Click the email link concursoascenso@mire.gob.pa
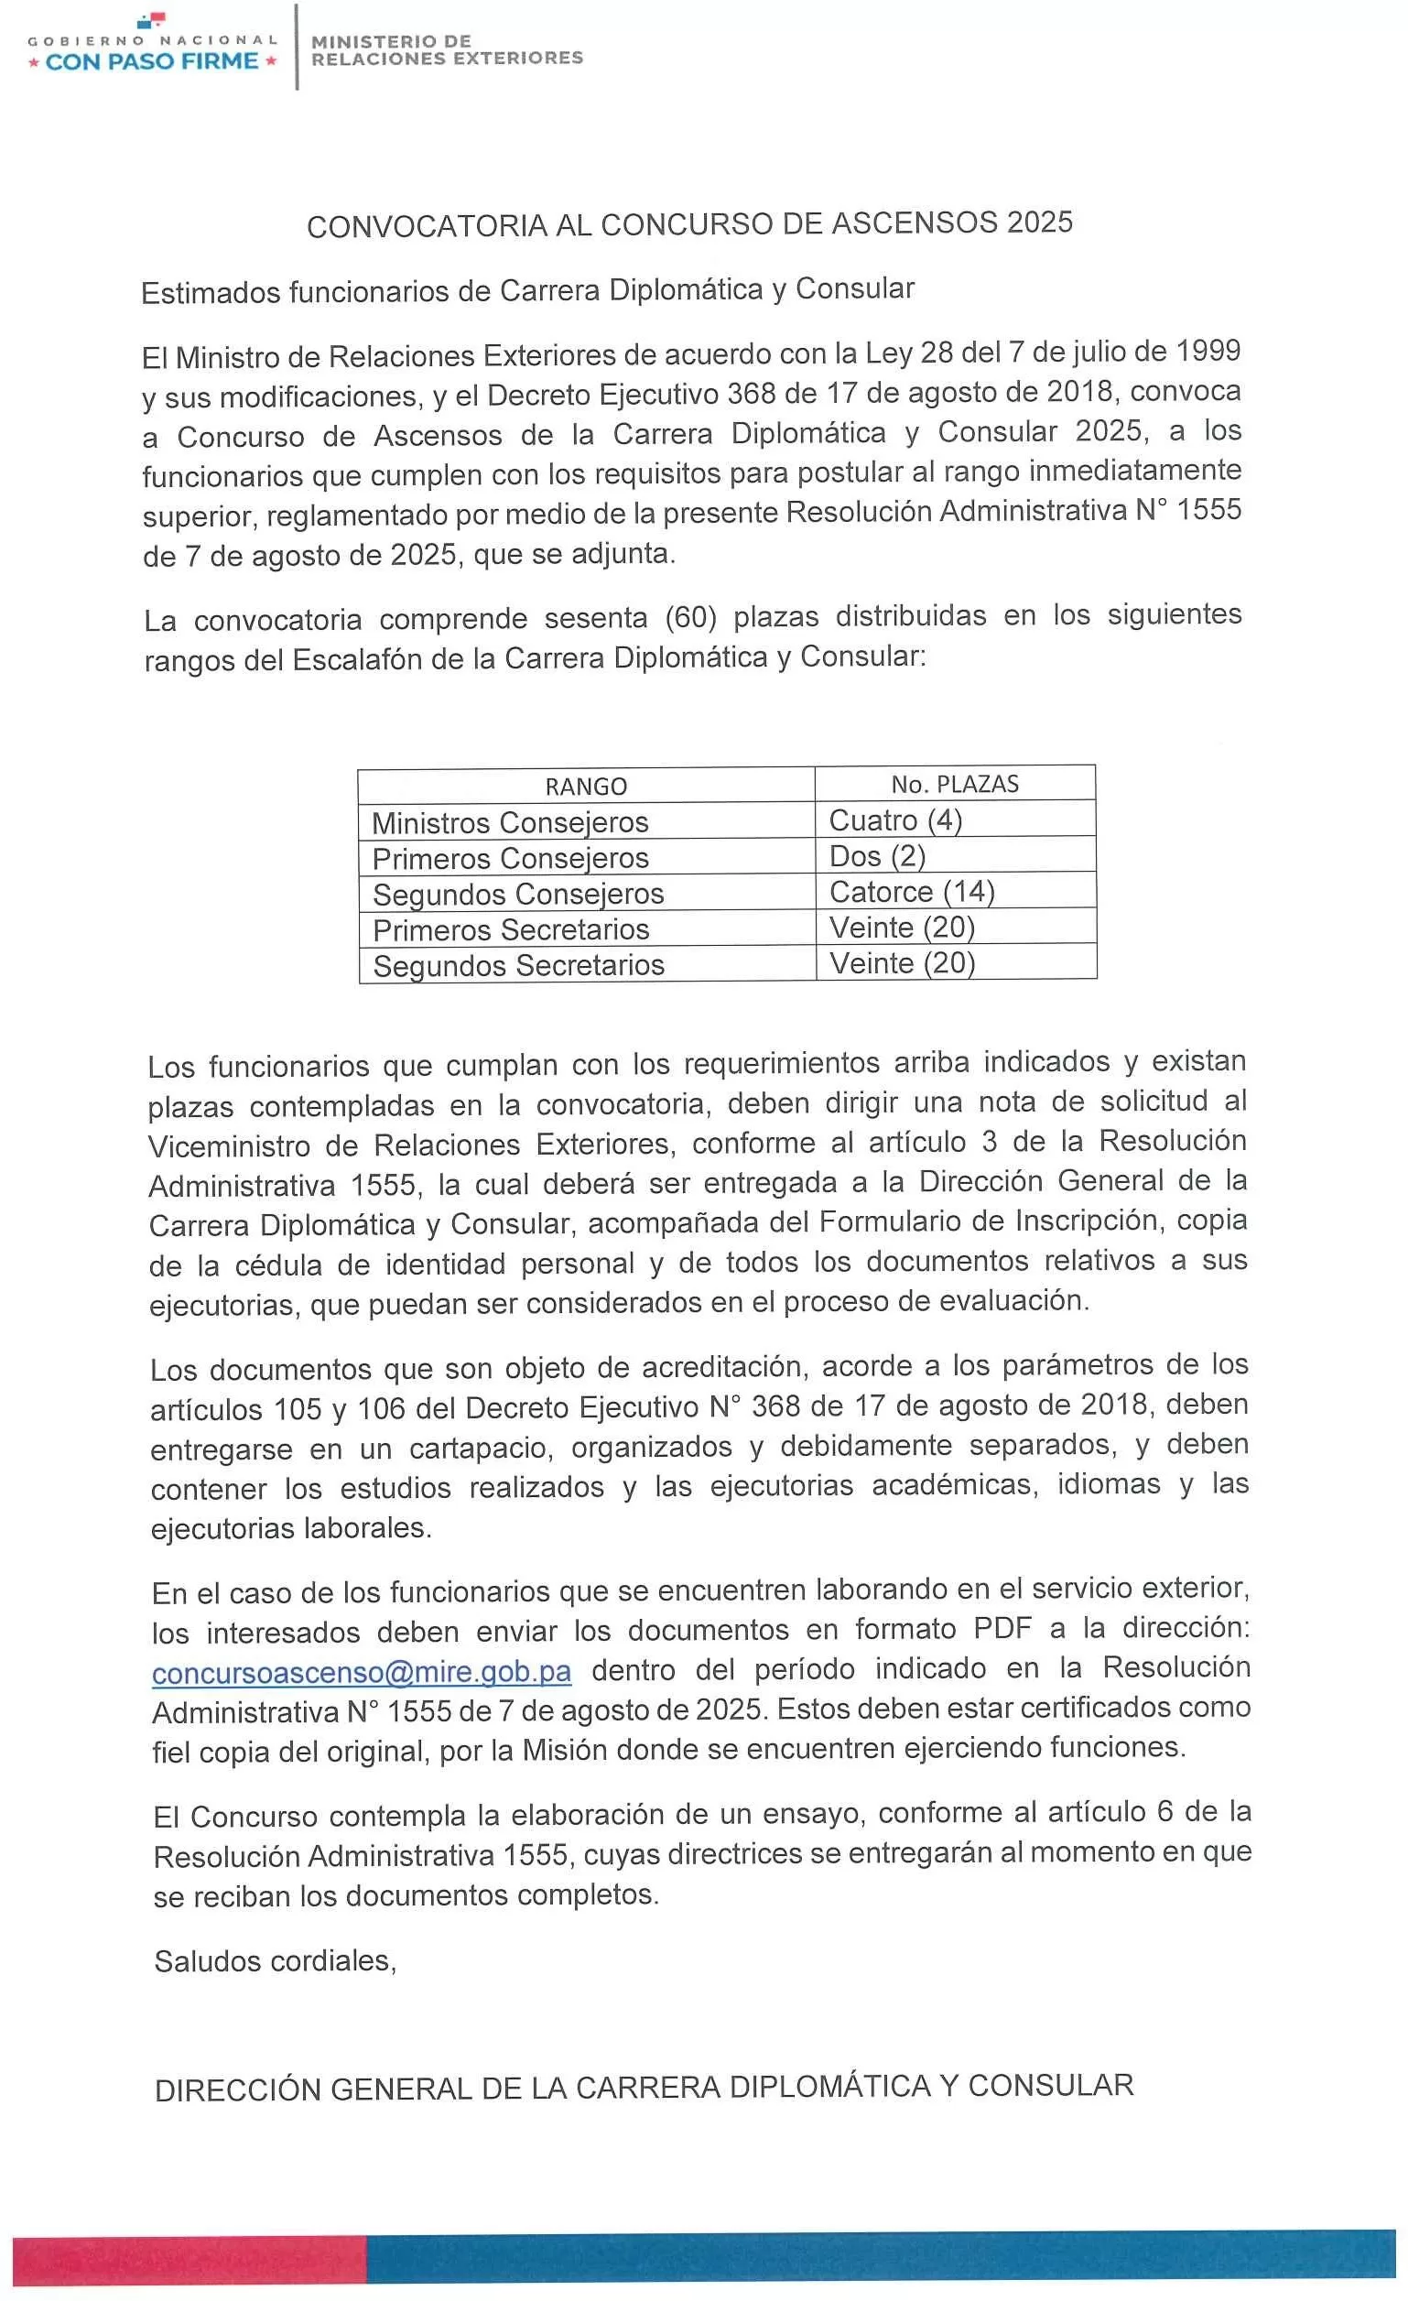[362, 1671]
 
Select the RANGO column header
[585, 787]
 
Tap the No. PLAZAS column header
[954, 785]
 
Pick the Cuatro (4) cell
[895, 819]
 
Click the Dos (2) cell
[877, 856]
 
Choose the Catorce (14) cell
[911, 892]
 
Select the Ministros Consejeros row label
[510, 823]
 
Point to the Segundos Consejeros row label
[518, 895]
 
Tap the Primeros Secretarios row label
[511, 930]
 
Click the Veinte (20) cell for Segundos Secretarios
[902, 963]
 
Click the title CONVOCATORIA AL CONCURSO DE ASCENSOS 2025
[689, 224]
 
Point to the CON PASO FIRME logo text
[152, 61]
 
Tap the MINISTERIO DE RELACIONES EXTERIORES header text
[447, 49]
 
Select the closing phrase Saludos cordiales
[276, 1961]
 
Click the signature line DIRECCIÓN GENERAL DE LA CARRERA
[644, 2088]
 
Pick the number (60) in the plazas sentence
[690, 617]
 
